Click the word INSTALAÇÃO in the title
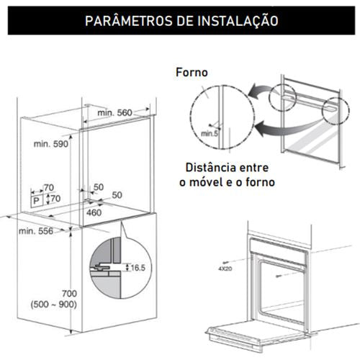[x=238, y=21]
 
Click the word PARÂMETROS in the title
[x=129, y=20]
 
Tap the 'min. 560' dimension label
[x=114, y=112]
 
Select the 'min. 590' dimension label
[x=51, y=144]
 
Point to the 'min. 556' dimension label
[x=36, y=231]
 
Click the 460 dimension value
[x=94, y=212]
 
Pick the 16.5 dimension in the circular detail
[x=138, y=268]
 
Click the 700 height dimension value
[x=69, y=294]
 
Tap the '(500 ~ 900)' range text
[x=54, y=305]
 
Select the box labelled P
[x=37, y=200]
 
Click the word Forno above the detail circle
[x=192, y=72]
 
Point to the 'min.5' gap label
[x=210, y=133]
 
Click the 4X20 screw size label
[x=225, y=269]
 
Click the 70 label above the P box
[x=49, y=187]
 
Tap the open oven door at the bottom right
[x=258, y=335]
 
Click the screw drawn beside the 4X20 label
[x=226, y=262]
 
